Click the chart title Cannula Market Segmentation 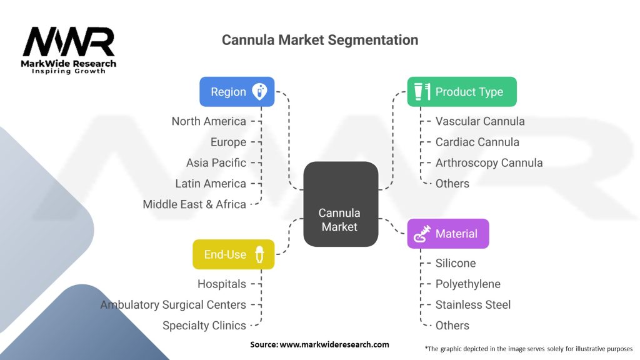point(320,40)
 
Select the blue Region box point(237,92)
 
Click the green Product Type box point(462,92)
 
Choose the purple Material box point(448,234)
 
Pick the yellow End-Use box point(233,254)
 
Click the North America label point(209,121)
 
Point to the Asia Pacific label point(216,162)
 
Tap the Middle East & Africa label point(194,204)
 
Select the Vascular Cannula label point(480,121)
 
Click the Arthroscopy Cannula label point(489,162)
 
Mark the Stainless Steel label point(473,304)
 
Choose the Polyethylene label point(468,284)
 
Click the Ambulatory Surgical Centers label point(173,304)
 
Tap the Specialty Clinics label point(204,325)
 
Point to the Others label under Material point(452,325)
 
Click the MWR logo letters point(69,42)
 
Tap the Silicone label point(456,263)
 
